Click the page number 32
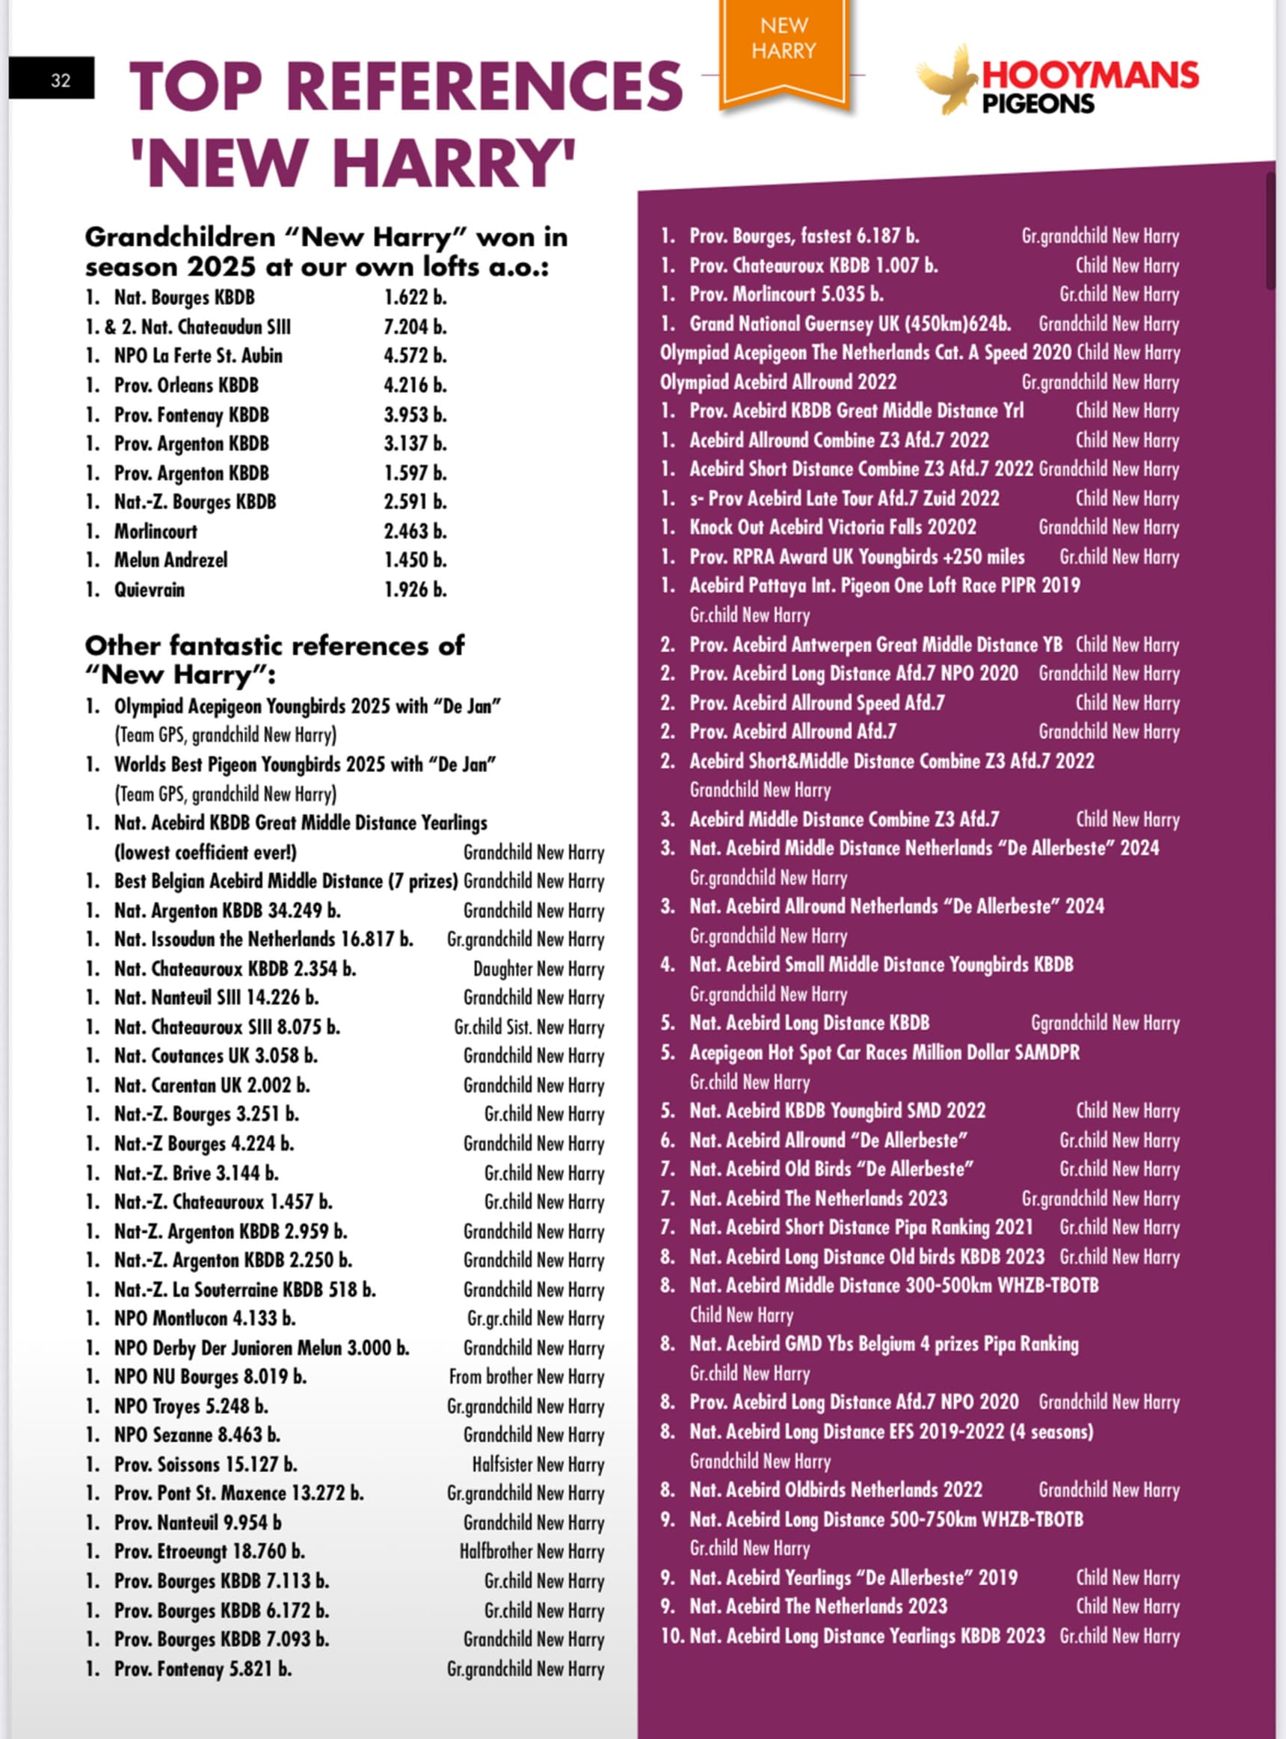click(x=60, y=79)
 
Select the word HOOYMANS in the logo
click(x=1090, y=76)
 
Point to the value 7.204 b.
click(x=414, y=327)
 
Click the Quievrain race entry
click(x=150, y=589)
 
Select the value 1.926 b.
click(x=414, y=589)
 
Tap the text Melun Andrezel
click(x=170, y=560)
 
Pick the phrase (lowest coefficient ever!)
click(x=206, y=852)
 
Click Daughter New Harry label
click(x=538, y=969)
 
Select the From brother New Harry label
click(x=526, y=1377)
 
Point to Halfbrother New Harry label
click(x=531, y=1552)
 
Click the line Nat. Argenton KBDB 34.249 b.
click(x=227, y=911)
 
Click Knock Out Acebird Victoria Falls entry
click(x=832, y=528)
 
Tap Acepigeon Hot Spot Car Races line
click(x=884, y=1053)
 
